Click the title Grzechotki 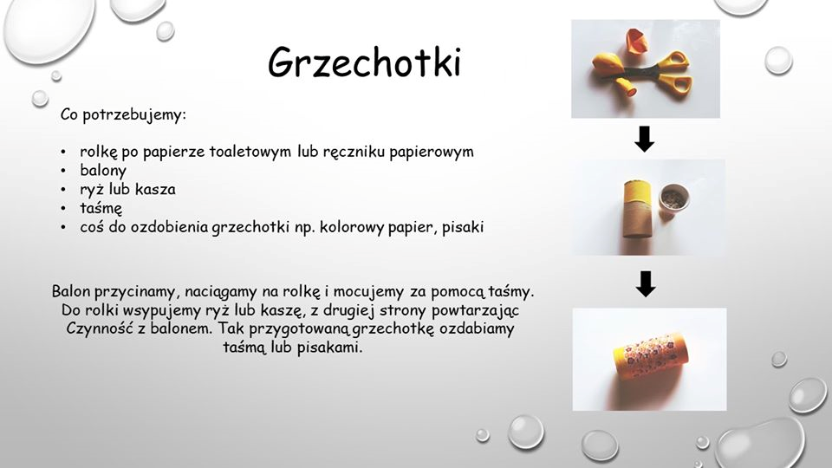tap(364, 62)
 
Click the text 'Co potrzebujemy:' tap(123, 115)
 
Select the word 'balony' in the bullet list tap(103, 171)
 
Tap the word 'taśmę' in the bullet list tap(101, 209)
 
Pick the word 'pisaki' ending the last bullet tap(463, 227)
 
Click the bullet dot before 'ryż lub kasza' tap(63, 190)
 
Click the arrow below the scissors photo tap(645, 139)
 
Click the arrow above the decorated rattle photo tap(645, 284)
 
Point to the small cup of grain tap(674, 198)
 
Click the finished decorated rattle tap(651, 359)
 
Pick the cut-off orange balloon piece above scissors tap(636, 41)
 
